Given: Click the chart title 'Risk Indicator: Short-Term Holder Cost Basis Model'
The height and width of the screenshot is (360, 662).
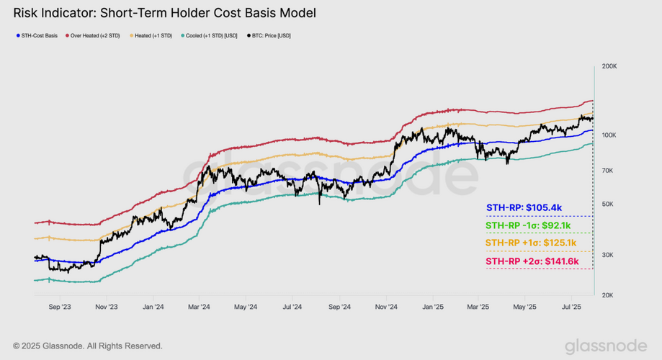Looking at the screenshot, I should click(164, 13).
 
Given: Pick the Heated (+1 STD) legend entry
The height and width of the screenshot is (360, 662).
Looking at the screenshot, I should click(153, 35).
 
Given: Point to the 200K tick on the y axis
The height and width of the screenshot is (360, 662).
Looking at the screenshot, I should click(609, 66).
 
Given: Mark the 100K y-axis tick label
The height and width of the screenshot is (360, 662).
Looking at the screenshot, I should click(609, 135).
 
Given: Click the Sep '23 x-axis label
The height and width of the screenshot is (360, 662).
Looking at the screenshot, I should click(59, 307).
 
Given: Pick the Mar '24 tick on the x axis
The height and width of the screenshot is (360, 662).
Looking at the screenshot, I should click(199, 307).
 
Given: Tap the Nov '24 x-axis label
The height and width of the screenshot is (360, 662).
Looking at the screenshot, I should click(386, 307).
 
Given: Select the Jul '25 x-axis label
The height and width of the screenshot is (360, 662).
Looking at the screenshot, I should click(571, 307).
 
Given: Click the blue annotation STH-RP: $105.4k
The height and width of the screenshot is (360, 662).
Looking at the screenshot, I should click(524, 208).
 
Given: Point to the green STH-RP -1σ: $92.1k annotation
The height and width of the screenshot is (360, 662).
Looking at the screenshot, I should click(528, 225).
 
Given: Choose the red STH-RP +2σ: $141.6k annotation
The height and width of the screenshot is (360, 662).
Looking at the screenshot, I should click(532, 261).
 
